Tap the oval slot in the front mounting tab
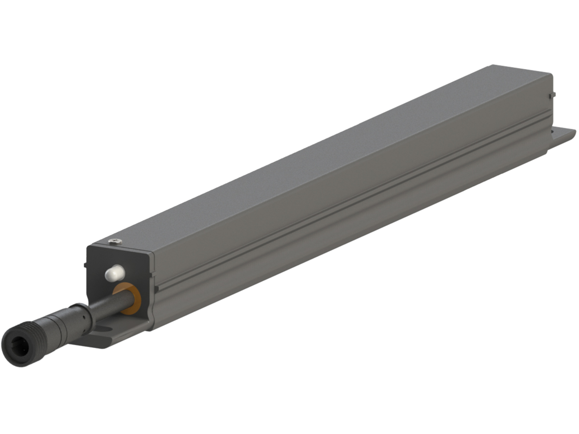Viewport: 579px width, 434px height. [x=104, y=329]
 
